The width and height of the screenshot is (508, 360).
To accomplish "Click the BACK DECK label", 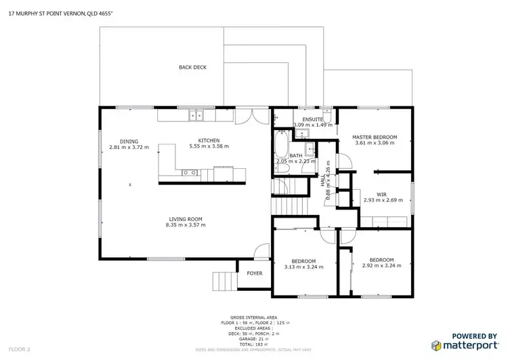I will tap(192, 67).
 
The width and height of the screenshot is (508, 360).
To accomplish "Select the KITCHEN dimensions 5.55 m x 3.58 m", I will tap(209, 146).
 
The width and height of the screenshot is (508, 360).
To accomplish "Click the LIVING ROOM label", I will tap(186, 218).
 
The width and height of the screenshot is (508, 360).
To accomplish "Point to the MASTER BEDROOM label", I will tap(375, 138).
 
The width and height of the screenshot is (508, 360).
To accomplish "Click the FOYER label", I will tap(254, 273).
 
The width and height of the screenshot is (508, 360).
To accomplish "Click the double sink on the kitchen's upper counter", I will tap(196, 116).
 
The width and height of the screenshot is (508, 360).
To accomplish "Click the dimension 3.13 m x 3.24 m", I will tap(303, 267).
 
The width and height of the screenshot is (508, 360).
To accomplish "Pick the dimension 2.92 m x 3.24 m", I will tap(381, 266).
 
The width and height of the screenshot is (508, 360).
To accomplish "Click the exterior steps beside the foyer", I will tap(221, 279).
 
